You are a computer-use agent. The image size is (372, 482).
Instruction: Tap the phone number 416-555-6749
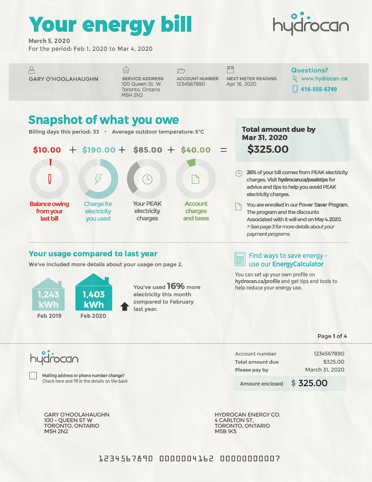[319, 89]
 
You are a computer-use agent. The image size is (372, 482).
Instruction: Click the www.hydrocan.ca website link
[324, 79]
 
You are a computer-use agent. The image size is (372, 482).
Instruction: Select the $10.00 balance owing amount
[47, 150]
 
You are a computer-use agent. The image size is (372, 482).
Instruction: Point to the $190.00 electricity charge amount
[99, 150]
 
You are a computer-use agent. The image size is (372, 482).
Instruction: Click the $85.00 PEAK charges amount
[148, 150]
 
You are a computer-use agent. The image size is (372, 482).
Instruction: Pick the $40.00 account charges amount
[196, 150]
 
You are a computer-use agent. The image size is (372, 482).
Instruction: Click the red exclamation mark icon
[50, 179]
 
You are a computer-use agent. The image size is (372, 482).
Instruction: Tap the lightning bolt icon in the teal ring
[98, 179]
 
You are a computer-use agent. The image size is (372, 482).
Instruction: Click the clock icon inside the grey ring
[147, 179]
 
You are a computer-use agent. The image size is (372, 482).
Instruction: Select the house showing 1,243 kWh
[48, 295]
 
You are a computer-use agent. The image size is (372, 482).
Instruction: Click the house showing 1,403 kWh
[94, 294]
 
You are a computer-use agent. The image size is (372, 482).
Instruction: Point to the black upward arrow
[125, 306]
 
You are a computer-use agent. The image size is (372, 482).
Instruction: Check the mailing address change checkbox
[33, 376]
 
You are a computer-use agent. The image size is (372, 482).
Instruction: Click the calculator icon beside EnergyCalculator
[240, 259]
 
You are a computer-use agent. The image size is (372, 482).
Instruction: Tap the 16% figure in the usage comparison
[176, 286]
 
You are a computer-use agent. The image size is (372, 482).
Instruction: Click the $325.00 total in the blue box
[268, 149]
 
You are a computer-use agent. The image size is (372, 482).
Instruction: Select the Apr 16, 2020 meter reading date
[241, 84]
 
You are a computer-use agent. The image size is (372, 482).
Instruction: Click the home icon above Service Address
[126, 70]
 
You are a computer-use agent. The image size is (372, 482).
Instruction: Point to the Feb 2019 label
[49, 316]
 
